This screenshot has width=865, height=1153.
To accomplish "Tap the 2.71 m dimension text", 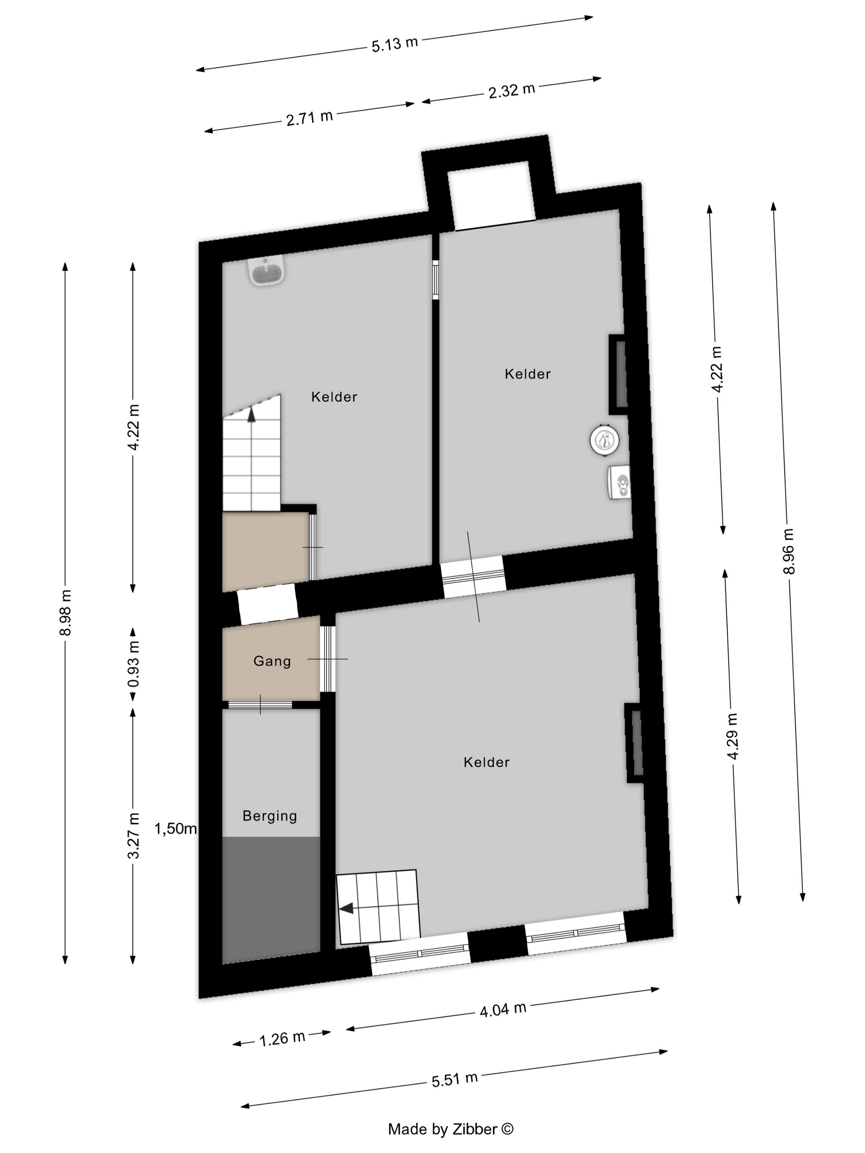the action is click(309, 117).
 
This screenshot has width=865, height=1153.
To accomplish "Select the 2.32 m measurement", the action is click(512, 91).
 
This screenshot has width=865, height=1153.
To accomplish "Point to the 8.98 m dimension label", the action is click(65, 612).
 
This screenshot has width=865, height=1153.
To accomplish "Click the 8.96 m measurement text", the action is click(788, 551).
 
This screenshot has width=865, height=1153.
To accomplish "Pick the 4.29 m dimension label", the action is click(732, 736).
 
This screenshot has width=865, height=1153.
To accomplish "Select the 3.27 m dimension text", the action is click(133, 835).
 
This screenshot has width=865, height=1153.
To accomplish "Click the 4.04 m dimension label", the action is click(503, 1010).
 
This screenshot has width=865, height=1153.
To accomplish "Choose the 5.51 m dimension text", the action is click(454, 1079).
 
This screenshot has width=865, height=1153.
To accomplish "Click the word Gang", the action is click(271, 661).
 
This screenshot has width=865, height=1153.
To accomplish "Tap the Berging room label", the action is click(269, 816).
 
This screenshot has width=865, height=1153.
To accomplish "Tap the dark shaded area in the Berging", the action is click(271, 899).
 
